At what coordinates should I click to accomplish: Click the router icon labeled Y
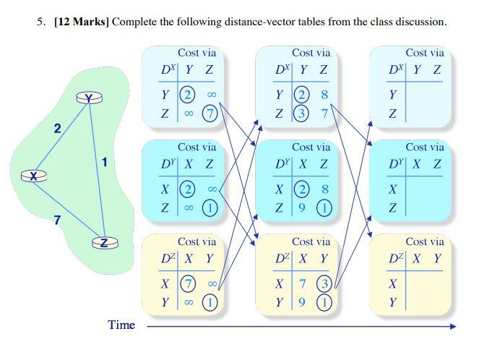point(89,98)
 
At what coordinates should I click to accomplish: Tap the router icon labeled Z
point(105,243)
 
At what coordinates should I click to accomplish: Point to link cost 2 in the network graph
point(57,129)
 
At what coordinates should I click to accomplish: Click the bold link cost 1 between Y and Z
point(104,162)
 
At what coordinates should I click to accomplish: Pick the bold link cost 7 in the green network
point(56,220)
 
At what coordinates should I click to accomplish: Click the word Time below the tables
point(121,325)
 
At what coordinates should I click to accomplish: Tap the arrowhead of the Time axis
point(452,326)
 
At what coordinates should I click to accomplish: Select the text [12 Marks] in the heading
point(82,22)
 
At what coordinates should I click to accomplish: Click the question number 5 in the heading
point(40,22)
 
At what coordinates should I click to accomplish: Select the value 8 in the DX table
point(324,95)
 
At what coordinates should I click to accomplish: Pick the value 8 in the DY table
point(325,189)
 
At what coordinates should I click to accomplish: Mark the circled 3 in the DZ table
point(325,283)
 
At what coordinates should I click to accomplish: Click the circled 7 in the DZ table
point(188,283)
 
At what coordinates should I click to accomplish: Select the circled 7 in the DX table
point(210,113)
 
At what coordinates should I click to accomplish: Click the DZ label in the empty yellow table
point(397,258)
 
